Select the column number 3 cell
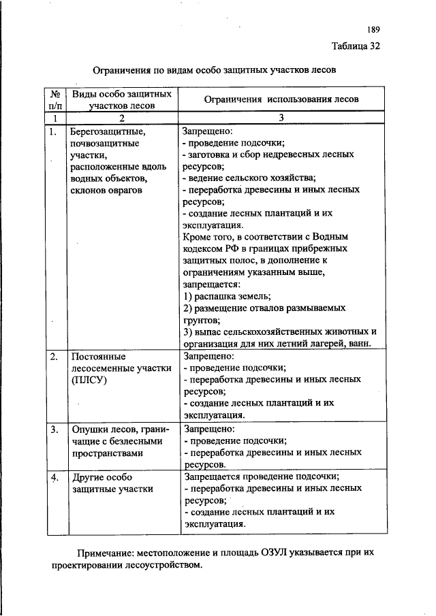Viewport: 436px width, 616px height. (281, 118)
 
